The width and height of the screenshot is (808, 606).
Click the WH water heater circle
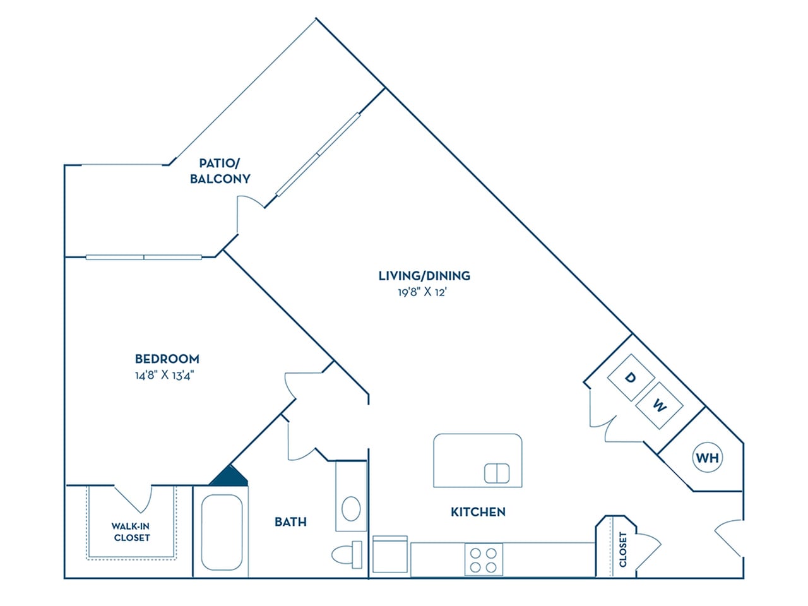coord(708,458)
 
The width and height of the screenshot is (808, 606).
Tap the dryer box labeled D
coord(630,377)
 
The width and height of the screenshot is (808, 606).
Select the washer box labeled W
coord(659,405)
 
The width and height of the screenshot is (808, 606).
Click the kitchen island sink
coord(497,473)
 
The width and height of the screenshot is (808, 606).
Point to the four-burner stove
coord(484,559)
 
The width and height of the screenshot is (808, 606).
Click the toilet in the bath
coord(347,554)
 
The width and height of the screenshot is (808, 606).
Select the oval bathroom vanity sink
coord(351,508)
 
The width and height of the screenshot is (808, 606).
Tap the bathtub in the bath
coord(221,532)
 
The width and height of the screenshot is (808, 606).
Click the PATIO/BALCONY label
coord(220,171)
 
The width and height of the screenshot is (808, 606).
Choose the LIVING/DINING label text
coord(424,276)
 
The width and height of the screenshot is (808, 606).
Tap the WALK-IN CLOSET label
coord(131,532)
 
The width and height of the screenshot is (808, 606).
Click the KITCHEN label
coord(478,512)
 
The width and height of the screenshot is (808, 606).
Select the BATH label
coord(290,522)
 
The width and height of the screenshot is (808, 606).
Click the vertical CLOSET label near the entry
coord(623,549)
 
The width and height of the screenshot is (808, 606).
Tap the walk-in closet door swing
coord(138,499)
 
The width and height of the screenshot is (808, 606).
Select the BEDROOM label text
coord(167,359)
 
